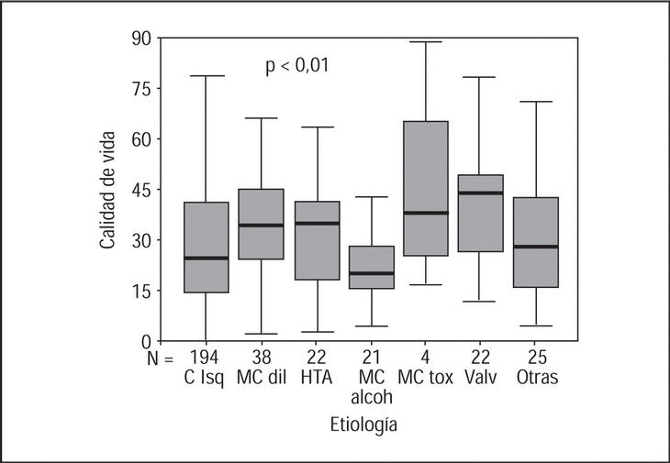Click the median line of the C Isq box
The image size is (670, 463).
point(207,258)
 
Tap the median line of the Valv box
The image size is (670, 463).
point(481,193)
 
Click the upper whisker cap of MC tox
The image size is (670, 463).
point(426,42)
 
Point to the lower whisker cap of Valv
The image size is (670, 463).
point(481,301)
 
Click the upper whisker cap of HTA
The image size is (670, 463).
point(317,127)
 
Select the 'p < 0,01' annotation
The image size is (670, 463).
point(297,66)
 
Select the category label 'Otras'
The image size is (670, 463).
point(536,377)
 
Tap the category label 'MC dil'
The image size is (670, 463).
point(261,377)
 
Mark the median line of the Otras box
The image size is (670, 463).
point(536,247)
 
